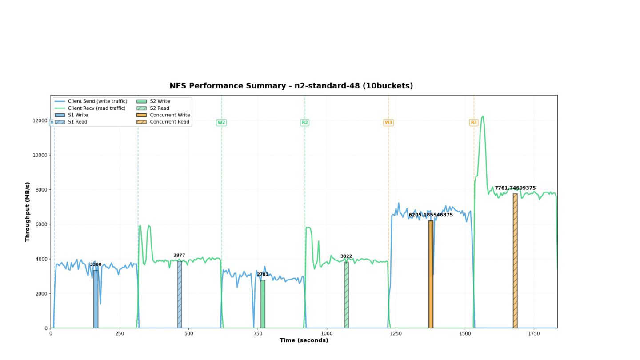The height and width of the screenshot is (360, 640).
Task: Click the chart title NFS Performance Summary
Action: pyautogui.click(x=291, y=86)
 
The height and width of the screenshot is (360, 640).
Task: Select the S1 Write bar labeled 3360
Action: pyautogui.click(x=96, y=299)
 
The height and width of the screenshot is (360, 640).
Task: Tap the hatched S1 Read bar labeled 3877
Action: pyautogui.click(x=180, y=294)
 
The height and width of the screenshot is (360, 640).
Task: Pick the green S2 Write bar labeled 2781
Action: pyautogui.click(x=263, y=304)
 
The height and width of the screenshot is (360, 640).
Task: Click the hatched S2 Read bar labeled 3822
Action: pyautogui.click(x=346, y=295)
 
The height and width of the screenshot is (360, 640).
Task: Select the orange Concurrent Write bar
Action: pyautogui.click(x=431, y=274)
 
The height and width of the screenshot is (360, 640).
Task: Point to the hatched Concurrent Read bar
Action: pyautogui.click(x=515, y=261)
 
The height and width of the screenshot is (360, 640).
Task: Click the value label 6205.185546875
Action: pyautogui.click(x=431, y=215)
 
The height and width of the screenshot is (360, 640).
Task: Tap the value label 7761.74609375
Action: pyautogui.click(x=515, y=188)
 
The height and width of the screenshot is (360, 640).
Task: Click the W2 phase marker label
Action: pyautogui.click(x=221, y=122)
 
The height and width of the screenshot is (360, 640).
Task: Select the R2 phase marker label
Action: pyautogui.click(x=305, y=122)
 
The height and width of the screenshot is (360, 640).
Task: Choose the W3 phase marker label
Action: pyautogui.click(x=388, y=122)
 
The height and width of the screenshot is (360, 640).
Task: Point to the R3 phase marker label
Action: pyautogui.click(x=474, y=122)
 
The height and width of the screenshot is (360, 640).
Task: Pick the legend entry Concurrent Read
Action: pyautogui.click(x=169, y=122)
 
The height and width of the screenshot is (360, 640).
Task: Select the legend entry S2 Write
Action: pyautogui.click(x=160, y=101)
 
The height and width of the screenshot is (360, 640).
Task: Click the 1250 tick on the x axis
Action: pyautogui.click(x=396, y=333)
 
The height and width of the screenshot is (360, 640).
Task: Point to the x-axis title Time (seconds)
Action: pyautogui.click(x=304, y=340)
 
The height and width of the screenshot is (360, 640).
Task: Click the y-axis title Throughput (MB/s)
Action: pyautogui.click(x=28, y=212)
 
